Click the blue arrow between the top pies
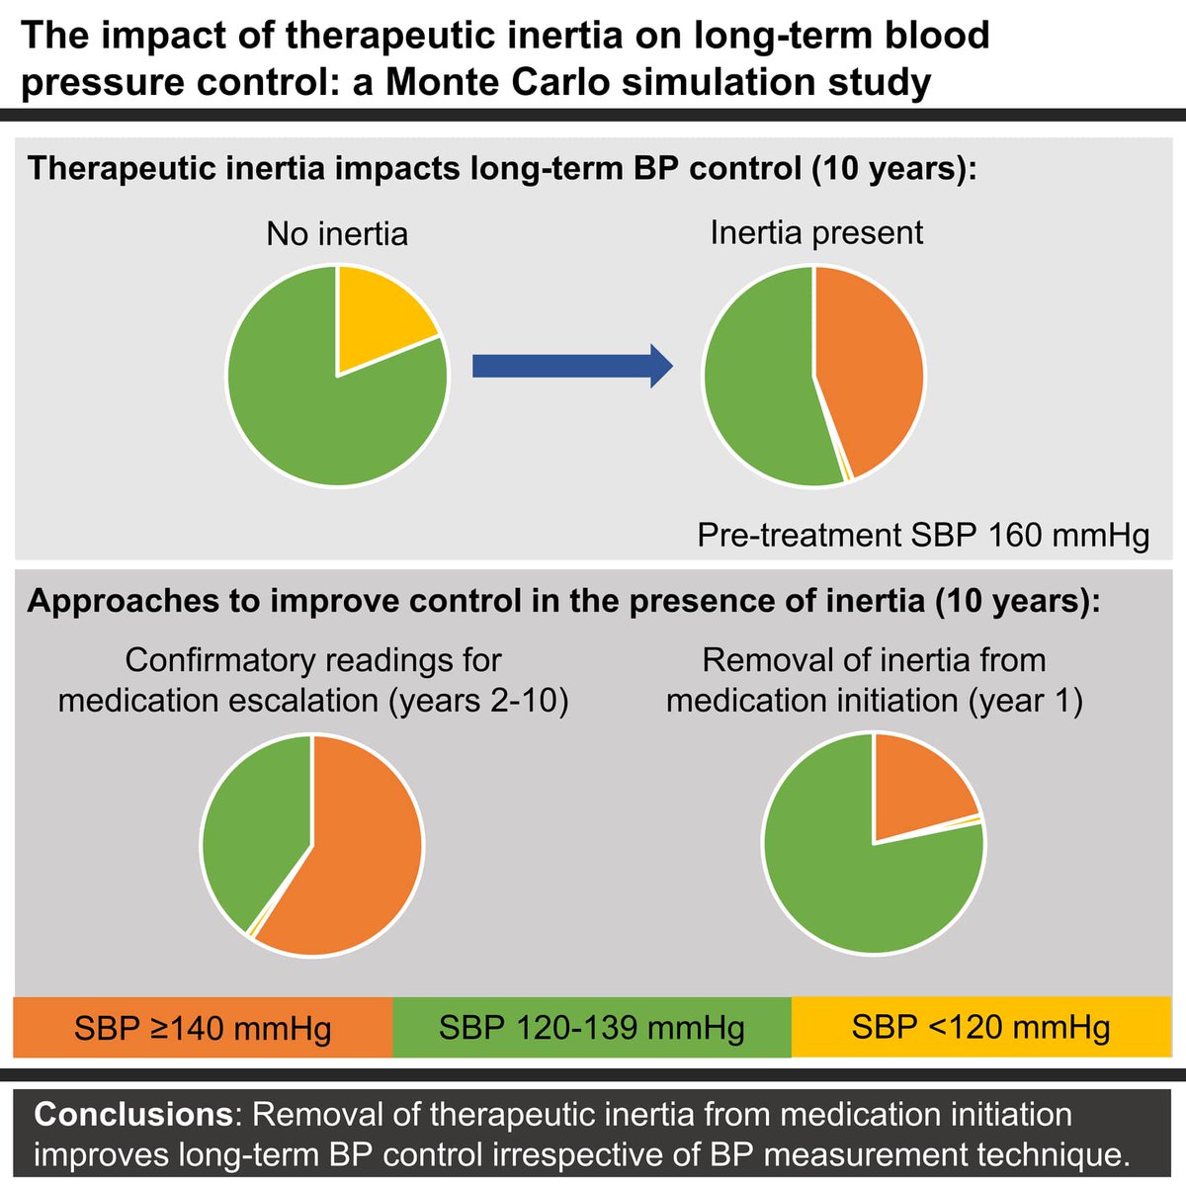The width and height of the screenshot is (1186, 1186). point(571,368)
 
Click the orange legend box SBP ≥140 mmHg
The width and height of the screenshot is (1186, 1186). point(203,1028)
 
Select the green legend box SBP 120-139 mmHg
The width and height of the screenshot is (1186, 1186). point(591,1028)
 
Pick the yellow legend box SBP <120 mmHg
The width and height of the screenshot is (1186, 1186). point(980,1028)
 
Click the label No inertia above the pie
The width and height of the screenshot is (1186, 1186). point(337,234)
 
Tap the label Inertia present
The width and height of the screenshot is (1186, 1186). point(816,232)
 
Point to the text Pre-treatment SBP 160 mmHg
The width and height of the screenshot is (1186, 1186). point(923,535)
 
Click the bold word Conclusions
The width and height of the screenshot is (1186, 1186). point(132,1115)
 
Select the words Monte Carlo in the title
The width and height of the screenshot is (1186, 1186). point(498,82)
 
